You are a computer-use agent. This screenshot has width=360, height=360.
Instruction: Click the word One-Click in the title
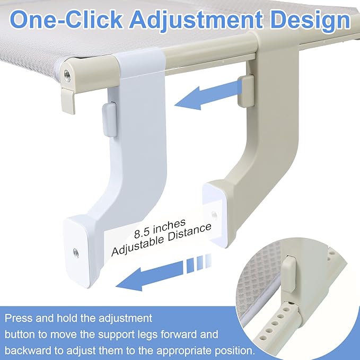pos(66,19)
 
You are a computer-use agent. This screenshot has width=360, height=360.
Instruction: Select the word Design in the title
pos(310,21)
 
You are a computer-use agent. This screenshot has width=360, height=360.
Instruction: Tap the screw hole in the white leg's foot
pos(76,253)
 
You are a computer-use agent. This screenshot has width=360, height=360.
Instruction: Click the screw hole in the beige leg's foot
pos(214,215)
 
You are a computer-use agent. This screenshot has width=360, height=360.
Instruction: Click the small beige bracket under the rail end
pos(68,101)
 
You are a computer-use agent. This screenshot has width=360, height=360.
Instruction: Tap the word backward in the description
pos(29,350)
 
